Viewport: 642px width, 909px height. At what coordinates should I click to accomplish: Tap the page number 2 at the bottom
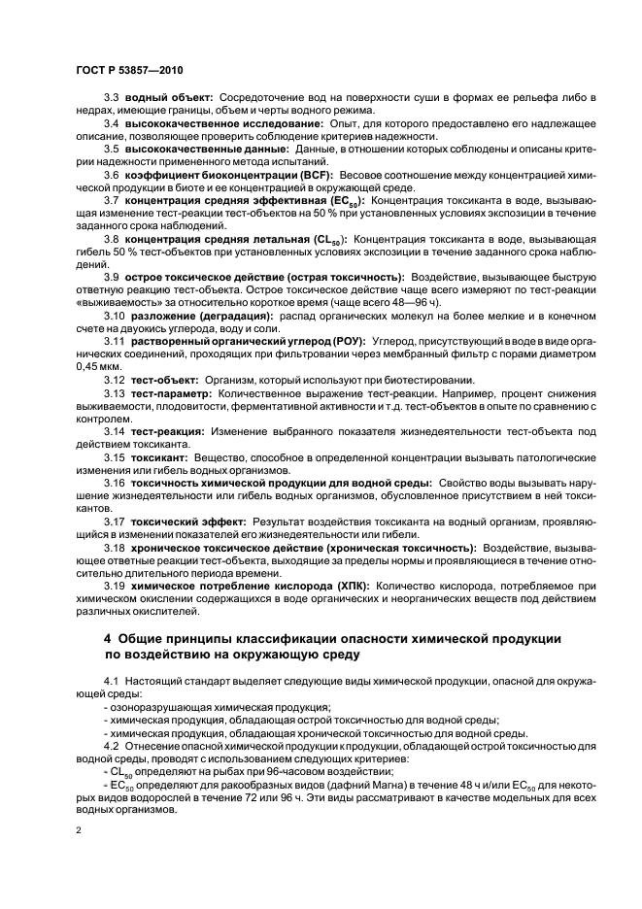coord(79,832)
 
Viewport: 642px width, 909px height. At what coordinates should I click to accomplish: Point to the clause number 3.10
coord(114,317)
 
